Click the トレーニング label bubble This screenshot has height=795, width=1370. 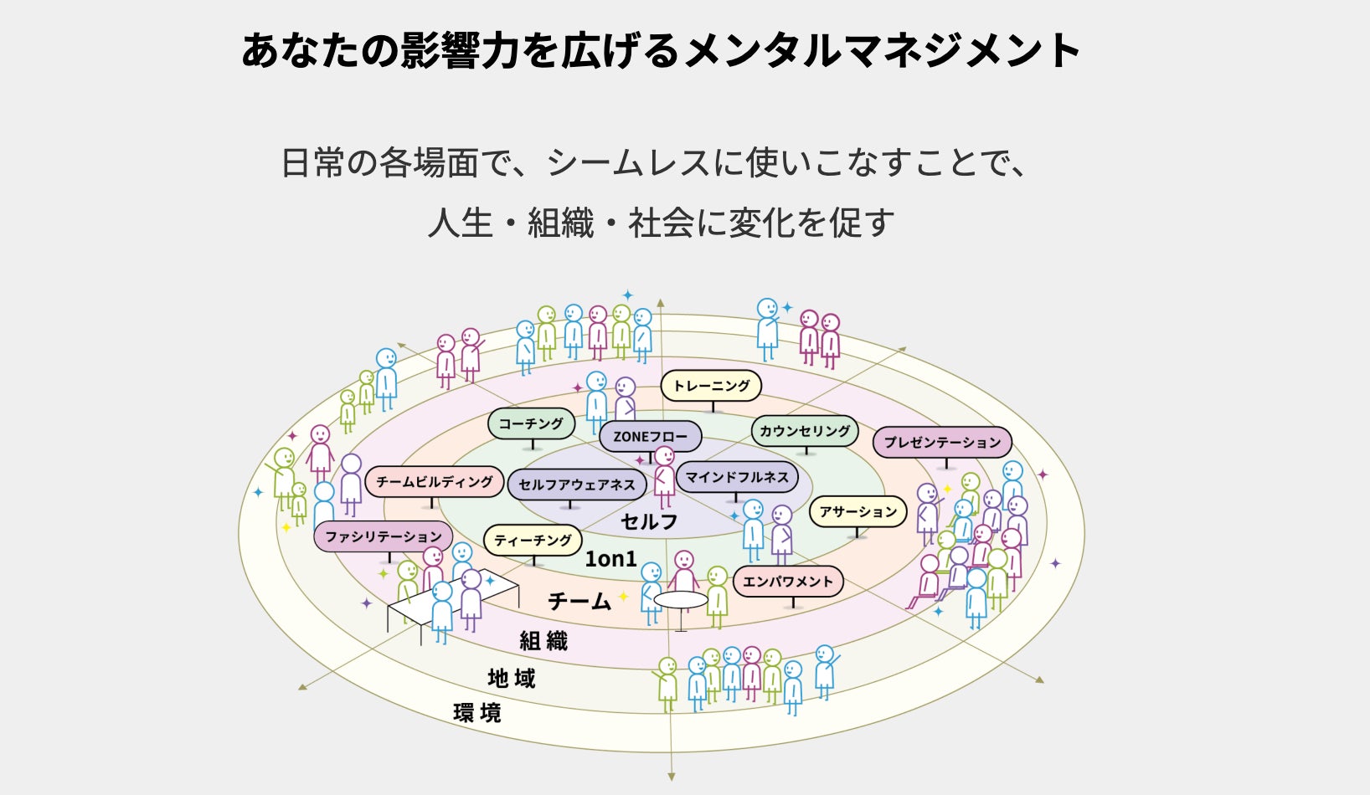click(711, 386)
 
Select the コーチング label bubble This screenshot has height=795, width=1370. click(531, 423)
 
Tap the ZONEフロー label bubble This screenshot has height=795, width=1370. click(650, 436)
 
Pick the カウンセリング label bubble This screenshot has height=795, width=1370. click(804, 431)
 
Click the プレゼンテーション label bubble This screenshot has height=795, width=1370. click(942, 442)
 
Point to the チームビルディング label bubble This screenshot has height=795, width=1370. click(434, 481)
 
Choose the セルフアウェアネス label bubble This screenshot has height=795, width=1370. click(576, 485)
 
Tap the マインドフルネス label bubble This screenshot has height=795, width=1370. click(737, 477)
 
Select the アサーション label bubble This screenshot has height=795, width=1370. click(858, 511)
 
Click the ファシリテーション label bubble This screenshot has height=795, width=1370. click(383, 536)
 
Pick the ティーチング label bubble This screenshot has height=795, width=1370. click(533, 541)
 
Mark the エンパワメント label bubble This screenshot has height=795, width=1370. click(787, 581)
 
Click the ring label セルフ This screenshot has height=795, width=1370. click(649, 521)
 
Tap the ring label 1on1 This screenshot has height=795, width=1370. click(610, 559)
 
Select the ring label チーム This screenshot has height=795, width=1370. click(579, 601)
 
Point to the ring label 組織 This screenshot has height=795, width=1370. click(543, 641)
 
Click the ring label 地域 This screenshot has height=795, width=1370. click(512, 678)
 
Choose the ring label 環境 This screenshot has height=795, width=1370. click(477, 713)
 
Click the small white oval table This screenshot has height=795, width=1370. click(681, 600)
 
